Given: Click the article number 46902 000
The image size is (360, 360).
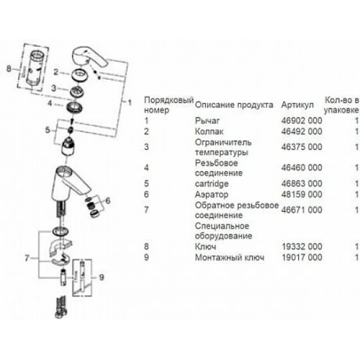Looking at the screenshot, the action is coord(301,121).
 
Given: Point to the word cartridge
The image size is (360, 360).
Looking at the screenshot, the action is coord(211,183).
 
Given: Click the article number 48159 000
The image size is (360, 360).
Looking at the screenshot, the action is coord(301,195).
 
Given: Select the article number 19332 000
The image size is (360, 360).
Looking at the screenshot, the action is coord(301,246).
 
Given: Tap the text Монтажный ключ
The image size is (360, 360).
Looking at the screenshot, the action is coord(225,257).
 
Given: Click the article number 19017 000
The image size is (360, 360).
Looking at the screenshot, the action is coord(301,257).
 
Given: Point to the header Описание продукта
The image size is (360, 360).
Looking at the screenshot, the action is coord(234,104).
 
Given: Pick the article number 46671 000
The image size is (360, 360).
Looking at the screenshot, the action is coord(301,210).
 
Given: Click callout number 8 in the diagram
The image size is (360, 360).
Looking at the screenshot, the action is coord(8,69).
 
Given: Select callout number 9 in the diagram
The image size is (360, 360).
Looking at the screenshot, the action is coord(101,277).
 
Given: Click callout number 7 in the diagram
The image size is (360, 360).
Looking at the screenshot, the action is coord(28,258).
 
